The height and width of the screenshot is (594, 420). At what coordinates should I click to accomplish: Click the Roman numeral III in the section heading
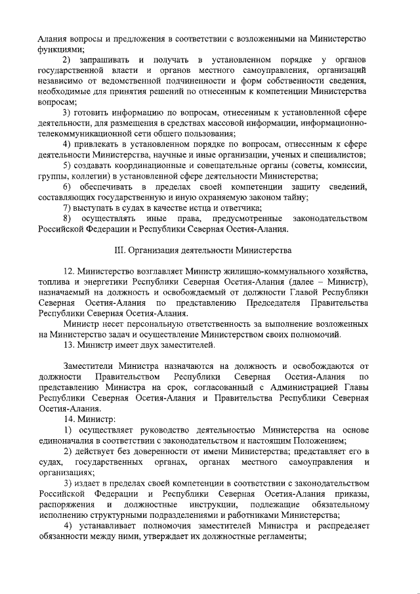119,251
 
